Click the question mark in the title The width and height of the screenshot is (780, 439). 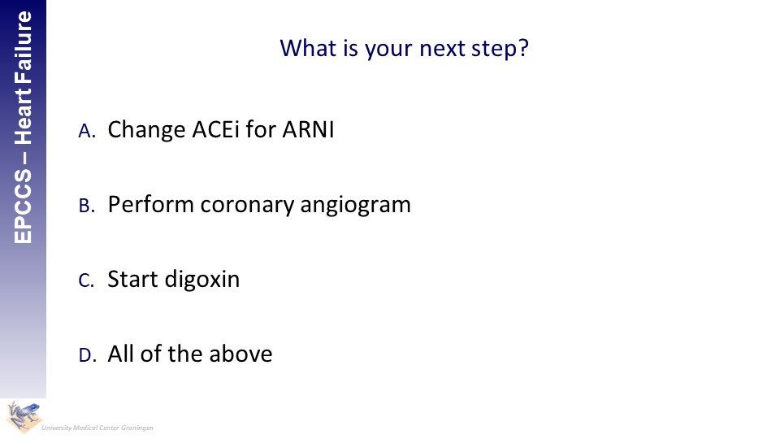522,48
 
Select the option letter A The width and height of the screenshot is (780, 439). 87,131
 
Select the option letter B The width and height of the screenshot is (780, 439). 87,206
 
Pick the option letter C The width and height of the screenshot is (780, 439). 86,280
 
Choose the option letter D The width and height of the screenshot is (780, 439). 87,355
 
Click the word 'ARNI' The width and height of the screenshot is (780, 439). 308,129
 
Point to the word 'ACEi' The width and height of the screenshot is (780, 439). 215,129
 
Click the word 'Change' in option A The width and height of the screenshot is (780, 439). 147,130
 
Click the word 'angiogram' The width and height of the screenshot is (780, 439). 356,206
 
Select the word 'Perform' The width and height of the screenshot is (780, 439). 151,204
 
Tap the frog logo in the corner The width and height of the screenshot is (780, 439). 24,416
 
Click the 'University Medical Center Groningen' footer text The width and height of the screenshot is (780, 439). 97,428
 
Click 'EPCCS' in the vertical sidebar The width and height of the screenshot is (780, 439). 24,206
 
